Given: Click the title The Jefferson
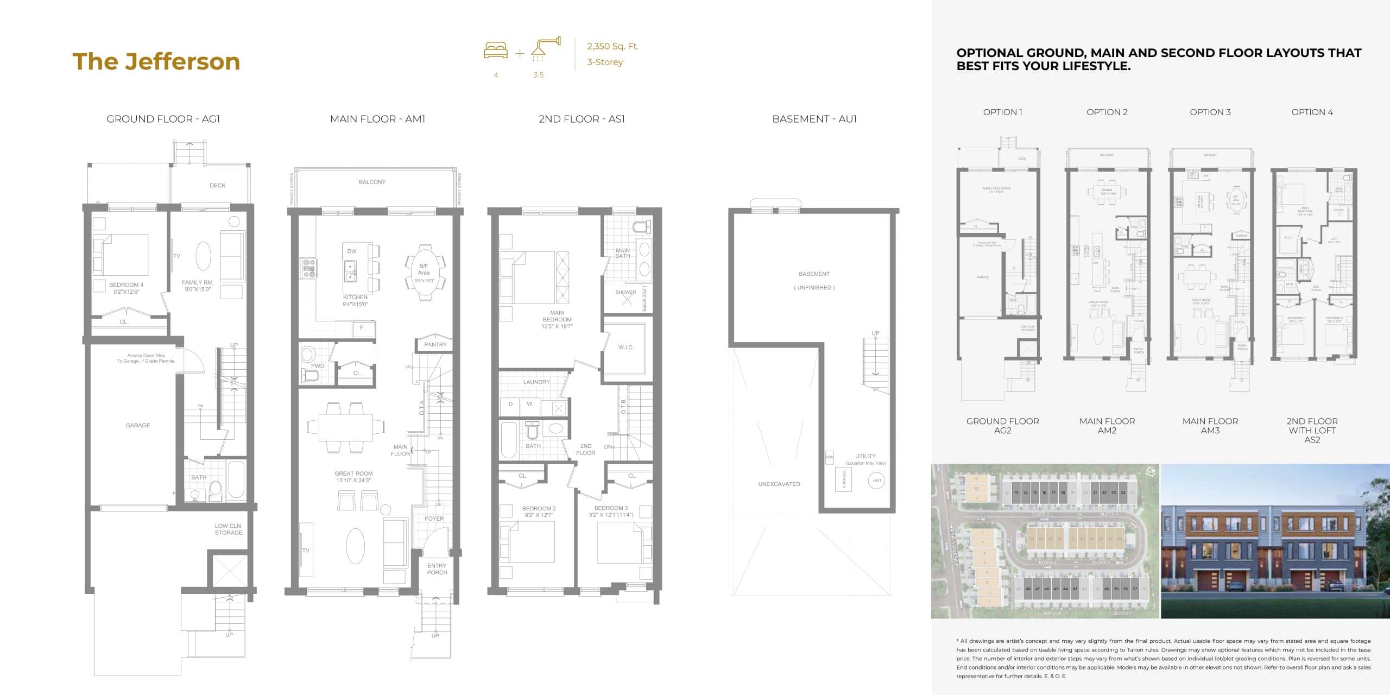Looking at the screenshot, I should [156, 61].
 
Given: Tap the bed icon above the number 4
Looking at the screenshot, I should [496, 50].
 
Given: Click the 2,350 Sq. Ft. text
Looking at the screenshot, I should [612, 46].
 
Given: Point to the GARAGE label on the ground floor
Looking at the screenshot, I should [138, 425].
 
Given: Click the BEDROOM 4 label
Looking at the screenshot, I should [126, 285].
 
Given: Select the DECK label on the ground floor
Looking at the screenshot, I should [217, 186].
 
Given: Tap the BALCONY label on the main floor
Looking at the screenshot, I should [372, 182].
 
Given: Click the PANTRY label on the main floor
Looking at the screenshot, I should [435, 344].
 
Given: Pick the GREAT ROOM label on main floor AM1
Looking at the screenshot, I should [353, 473].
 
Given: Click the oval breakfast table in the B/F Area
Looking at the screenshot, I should [424, 271].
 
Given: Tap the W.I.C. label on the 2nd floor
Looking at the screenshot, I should [625, 347].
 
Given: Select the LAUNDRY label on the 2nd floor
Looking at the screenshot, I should [536, 382].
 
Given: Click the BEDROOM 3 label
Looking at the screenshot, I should [611, 508].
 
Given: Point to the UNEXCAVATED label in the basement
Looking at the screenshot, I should [779, 484].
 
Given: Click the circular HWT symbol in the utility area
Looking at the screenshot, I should [877, 481].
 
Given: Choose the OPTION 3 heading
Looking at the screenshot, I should [1210, 112].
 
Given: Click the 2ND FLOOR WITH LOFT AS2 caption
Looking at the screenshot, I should [1312, 430].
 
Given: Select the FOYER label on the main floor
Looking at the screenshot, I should [434, 519].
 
